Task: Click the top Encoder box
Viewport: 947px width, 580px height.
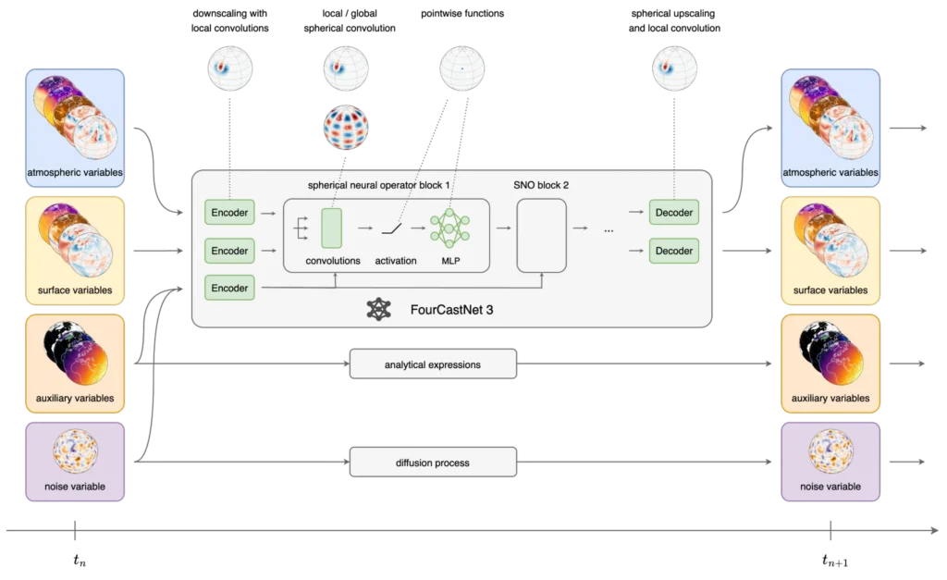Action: coord(229,213)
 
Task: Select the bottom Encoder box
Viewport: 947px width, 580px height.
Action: coord(229,288)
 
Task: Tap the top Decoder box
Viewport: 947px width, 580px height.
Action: coord(672,213)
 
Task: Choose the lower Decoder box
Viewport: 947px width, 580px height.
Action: coord(672,251)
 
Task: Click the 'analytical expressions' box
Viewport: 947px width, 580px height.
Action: coord(433,364)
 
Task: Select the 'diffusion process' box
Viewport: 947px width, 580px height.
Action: coord(433,463)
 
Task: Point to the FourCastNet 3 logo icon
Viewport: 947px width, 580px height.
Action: coord(378,309)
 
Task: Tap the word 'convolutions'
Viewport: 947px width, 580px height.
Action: coord(333,261)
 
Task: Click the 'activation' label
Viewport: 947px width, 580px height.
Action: coord(396,261)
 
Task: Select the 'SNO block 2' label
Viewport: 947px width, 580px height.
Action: coord(541,185)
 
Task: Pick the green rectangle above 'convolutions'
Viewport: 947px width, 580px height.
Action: coord(331,228)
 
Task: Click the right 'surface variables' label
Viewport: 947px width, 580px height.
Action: coord(830,290)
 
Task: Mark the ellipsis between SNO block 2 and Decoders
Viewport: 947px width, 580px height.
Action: coord(608,231)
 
